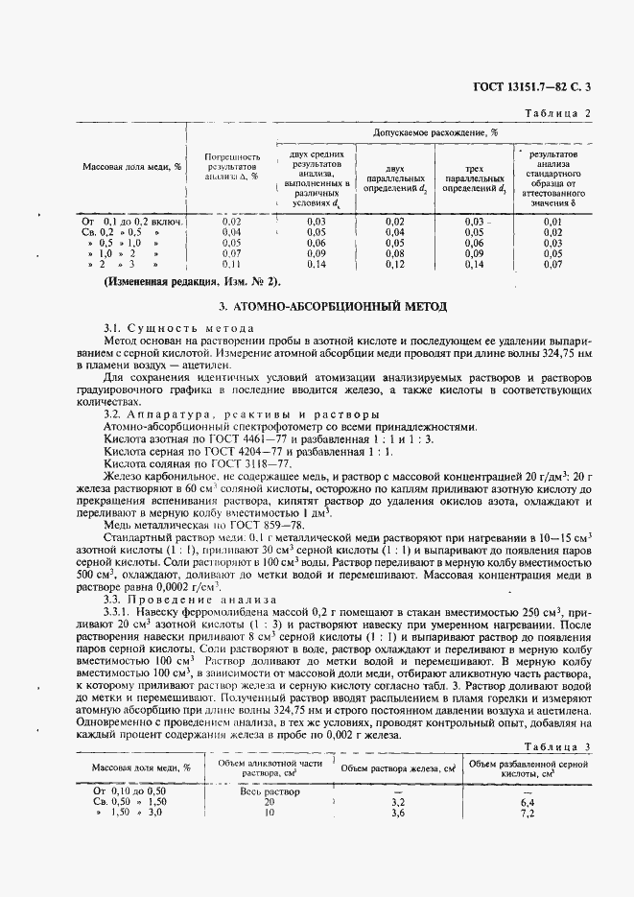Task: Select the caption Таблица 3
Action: (559, 745)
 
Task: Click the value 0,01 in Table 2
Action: (552, 222)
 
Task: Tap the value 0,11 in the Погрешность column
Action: (231, 264)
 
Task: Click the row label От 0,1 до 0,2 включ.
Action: (132, 222)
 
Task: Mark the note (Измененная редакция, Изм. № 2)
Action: (193, 282)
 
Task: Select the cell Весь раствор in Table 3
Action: (269, 791)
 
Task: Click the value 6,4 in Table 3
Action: (552, 802)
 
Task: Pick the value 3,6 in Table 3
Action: (398, 813)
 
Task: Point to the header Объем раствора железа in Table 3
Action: (398, 768)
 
